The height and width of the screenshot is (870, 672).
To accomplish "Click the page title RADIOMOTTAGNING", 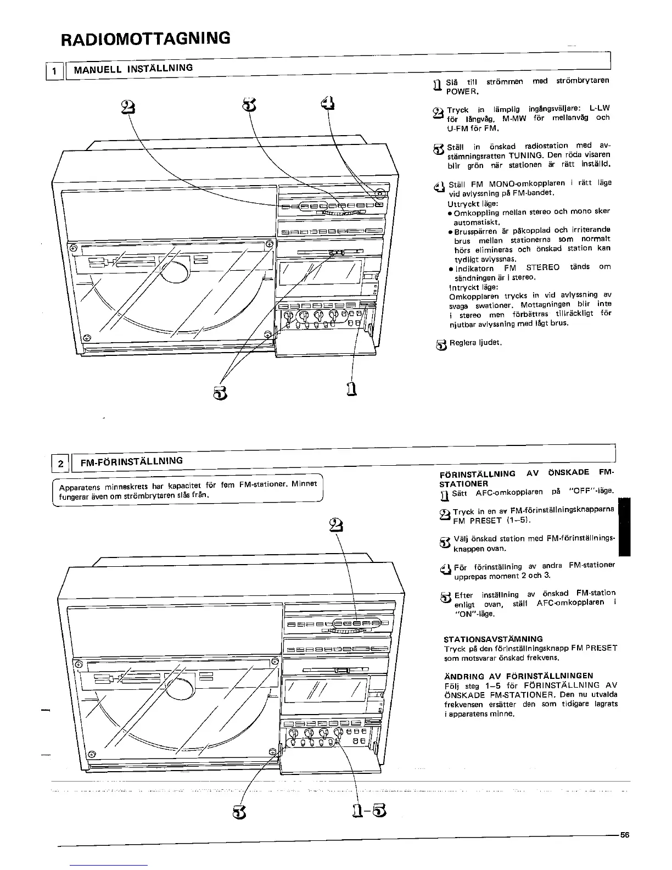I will [x=145, y=38].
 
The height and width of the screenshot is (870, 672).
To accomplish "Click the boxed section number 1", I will [x=53, y=71].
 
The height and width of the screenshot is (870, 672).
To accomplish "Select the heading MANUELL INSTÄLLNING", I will [x=133, y=69].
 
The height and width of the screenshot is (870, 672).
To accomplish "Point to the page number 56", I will [x=624, y=834].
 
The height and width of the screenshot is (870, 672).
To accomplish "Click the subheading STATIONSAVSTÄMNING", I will [x=492, y=639].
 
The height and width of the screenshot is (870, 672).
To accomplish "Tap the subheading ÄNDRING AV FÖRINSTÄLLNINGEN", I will [x=518, y=676].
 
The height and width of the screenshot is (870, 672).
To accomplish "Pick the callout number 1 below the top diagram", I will [x=352, y=388].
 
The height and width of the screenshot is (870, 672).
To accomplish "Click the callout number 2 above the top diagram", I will [x=127, y=107].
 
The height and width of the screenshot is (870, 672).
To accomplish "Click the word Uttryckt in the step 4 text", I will [x=462, y=203].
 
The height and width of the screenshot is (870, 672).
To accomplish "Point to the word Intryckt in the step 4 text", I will [x=462, y=287].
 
